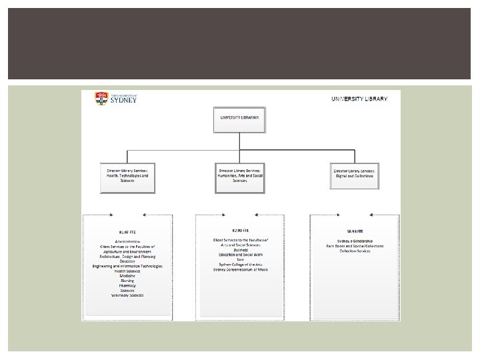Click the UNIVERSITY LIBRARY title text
[x=359, y=99]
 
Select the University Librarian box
[x=240, y=117]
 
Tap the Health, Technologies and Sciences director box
[x=127, y=175]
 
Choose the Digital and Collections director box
[x=354, y=171]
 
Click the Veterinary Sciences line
[x=127, y=295]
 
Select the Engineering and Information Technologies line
[x=127, y=266]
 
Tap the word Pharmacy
[x=127, y=285]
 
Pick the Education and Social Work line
[x=240, y=253]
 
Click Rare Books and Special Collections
[x=354, y=245]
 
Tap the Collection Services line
[x=354, y=251]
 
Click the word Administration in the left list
[x=127, y=241]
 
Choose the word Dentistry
[x=127, y=261]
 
